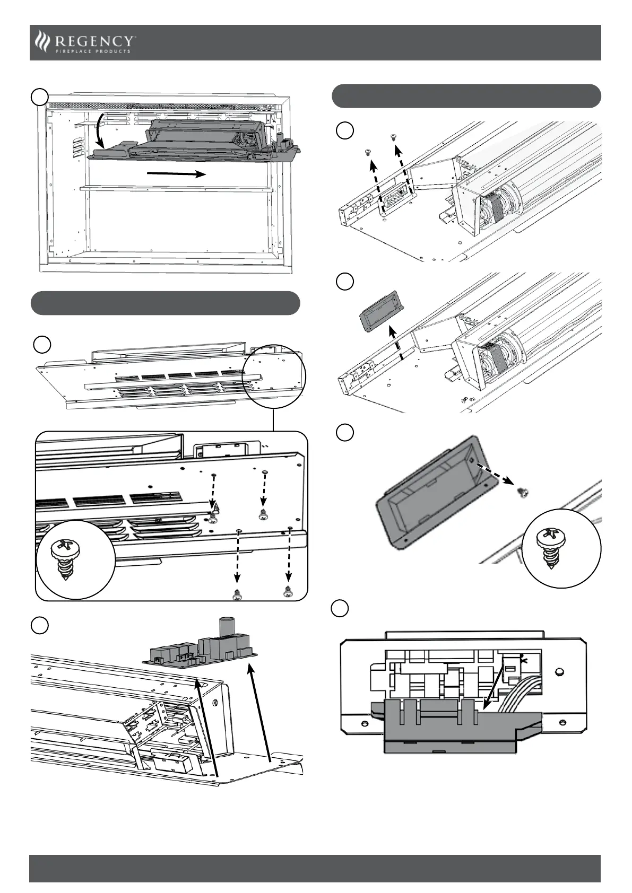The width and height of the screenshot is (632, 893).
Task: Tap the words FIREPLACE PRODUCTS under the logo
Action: tap(93, 51)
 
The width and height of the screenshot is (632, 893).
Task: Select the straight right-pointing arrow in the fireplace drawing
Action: tap(176, 173)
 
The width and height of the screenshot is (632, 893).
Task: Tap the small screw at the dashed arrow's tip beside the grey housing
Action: tap(523, 493)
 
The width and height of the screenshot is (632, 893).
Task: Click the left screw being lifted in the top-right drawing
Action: tap(367, 153)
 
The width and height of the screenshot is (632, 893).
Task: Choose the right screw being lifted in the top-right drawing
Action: tap(393, 137)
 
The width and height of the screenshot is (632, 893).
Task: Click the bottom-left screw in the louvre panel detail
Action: tap(237, 595)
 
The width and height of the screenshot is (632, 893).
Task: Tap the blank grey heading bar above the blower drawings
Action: tap(466, 95)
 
